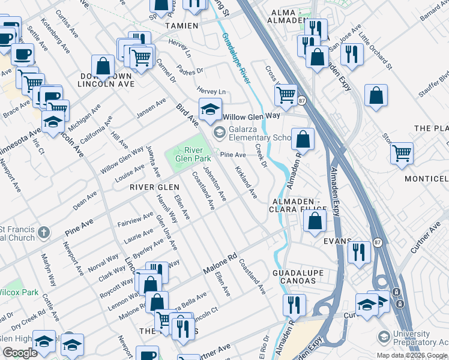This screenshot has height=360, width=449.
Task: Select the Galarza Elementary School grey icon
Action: point(219,131)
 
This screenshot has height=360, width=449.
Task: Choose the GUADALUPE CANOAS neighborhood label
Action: point(298,277)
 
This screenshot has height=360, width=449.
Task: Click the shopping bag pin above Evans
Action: point(315,220)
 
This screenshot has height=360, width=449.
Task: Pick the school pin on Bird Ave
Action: point(210,109)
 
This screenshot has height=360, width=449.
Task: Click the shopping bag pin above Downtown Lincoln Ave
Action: point(103,66)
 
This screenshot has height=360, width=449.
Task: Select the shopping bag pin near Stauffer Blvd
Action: point(376,96)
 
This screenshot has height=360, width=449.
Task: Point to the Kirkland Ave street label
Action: point(246,183)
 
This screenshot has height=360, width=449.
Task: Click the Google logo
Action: point(20,353)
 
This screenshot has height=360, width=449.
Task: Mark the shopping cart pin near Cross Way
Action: point(286,94)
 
